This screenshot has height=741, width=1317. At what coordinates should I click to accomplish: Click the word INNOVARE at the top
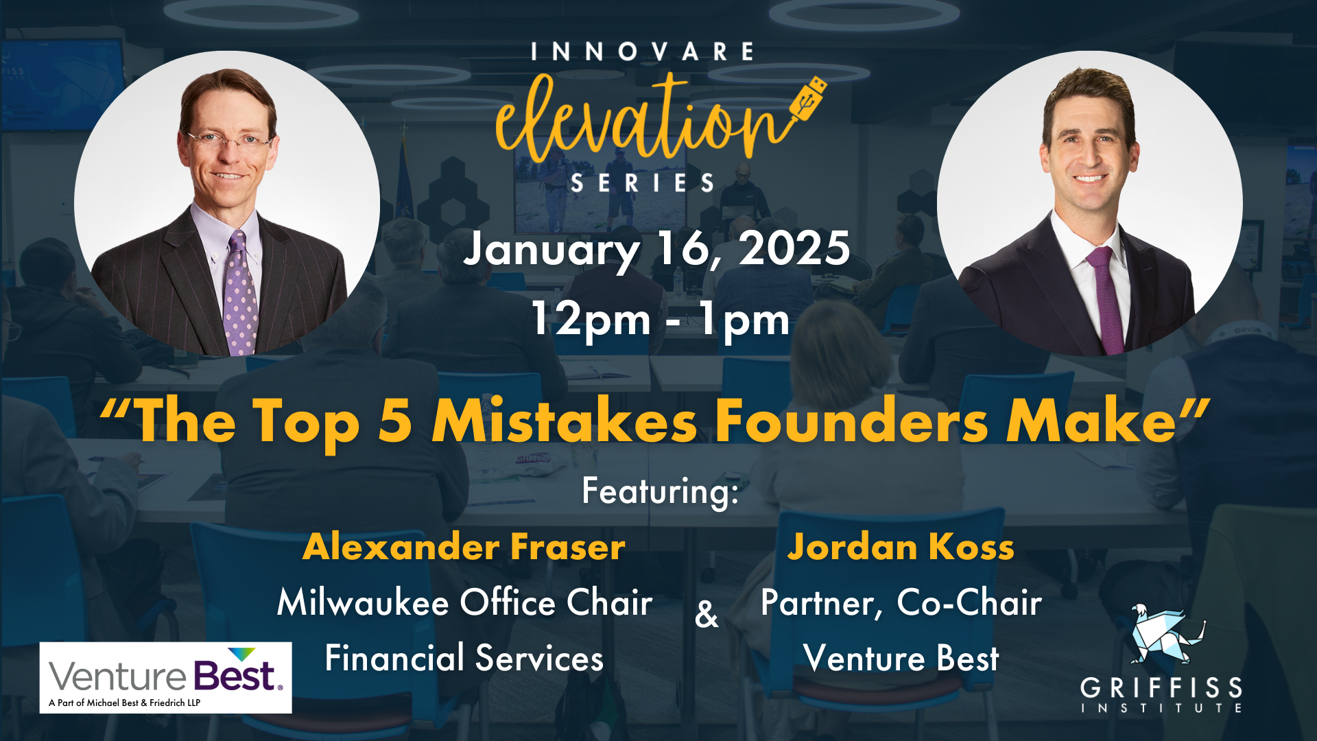(643, 52)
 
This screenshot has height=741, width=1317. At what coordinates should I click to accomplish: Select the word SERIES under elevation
(643, 183)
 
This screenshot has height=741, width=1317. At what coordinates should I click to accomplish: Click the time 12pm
(591, 319)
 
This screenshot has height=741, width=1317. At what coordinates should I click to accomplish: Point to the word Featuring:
(661, 492)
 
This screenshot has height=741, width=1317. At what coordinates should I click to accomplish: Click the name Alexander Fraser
(464, 547)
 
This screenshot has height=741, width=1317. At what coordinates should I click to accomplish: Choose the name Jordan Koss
(901, 547)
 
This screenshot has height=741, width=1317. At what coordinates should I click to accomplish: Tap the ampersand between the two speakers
(707, 614)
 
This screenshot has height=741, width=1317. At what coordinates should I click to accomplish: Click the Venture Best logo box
(165, 677)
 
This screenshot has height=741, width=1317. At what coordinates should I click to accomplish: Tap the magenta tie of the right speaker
(1107, 302)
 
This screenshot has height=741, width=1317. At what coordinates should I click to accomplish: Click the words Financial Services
(464, 658)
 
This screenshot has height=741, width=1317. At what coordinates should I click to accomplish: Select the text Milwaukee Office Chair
(464, 602)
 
